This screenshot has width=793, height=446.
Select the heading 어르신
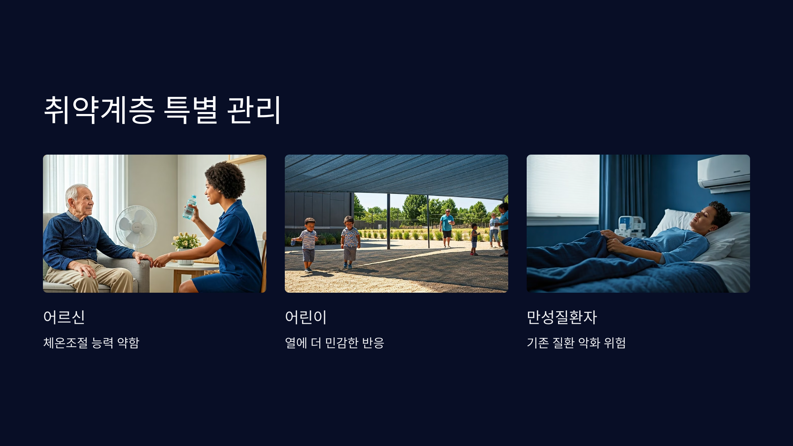tap(64, 317)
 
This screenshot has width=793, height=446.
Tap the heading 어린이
tap(306, 317)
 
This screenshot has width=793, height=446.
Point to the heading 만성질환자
tap(562, 317)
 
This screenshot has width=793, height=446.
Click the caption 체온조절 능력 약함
tap(91, 343)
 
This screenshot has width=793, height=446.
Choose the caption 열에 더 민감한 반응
tap(334, 343)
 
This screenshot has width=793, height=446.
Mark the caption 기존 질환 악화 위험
tap(576, 343)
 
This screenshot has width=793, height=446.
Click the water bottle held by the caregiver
tap(190, 207)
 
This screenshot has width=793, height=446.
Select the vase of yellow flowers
tap(186, 246)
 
